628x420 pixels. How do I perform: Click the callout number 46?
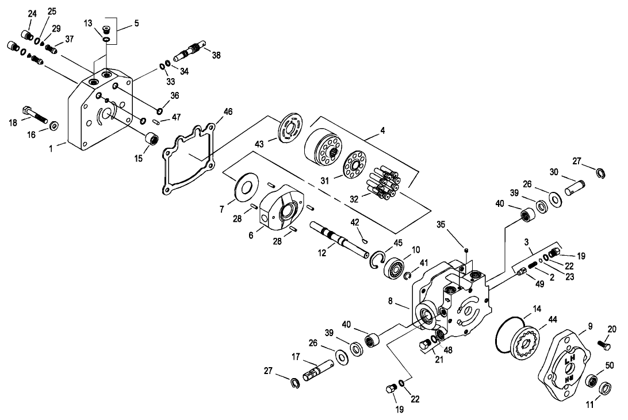click(x=228, y=111)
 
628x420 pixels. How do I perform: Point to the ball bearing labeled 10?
click(x=395, y=269)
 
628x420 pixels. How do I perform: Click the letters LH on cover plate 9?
click(x=569, y=361)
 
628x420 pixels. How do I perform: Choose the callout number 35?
click(x=441, y=224)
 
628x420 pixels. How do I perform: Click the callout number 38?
click(x=216, y=55)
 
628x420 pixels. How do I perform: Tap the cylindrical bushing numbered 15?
click(x=152, y=140)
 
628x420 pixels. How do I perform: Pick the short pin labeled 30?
click(x=575, y=186)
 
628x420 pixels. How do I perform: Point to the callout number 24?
click(x=32, y=13)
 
